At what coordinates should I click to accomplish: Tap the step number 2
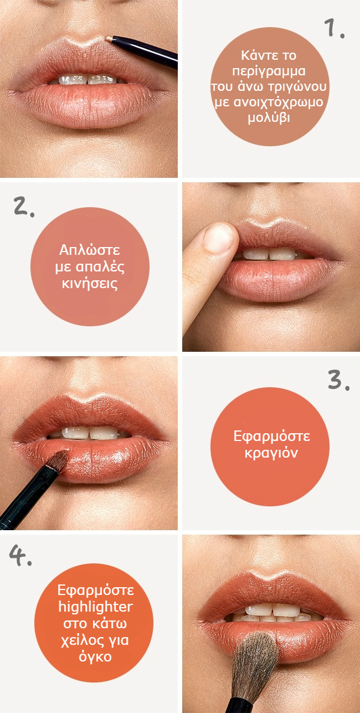24,207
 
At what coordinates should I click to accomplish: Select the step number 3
338,380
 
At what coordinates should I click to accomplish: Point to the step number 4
20,556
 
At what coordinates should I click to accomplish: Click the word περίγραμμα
269,71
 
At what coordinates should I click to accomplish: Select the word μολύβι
269,118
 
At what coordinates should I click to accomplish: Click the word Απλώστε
90,250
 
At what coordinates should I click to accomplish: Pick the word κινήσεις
90,283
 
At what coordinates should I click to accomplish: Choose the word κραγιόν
271,453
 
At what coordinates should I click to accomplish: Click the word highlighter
95,607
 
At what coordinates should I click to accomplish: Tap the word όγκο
95,656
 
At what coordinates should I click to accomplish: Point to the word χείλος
83,640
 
